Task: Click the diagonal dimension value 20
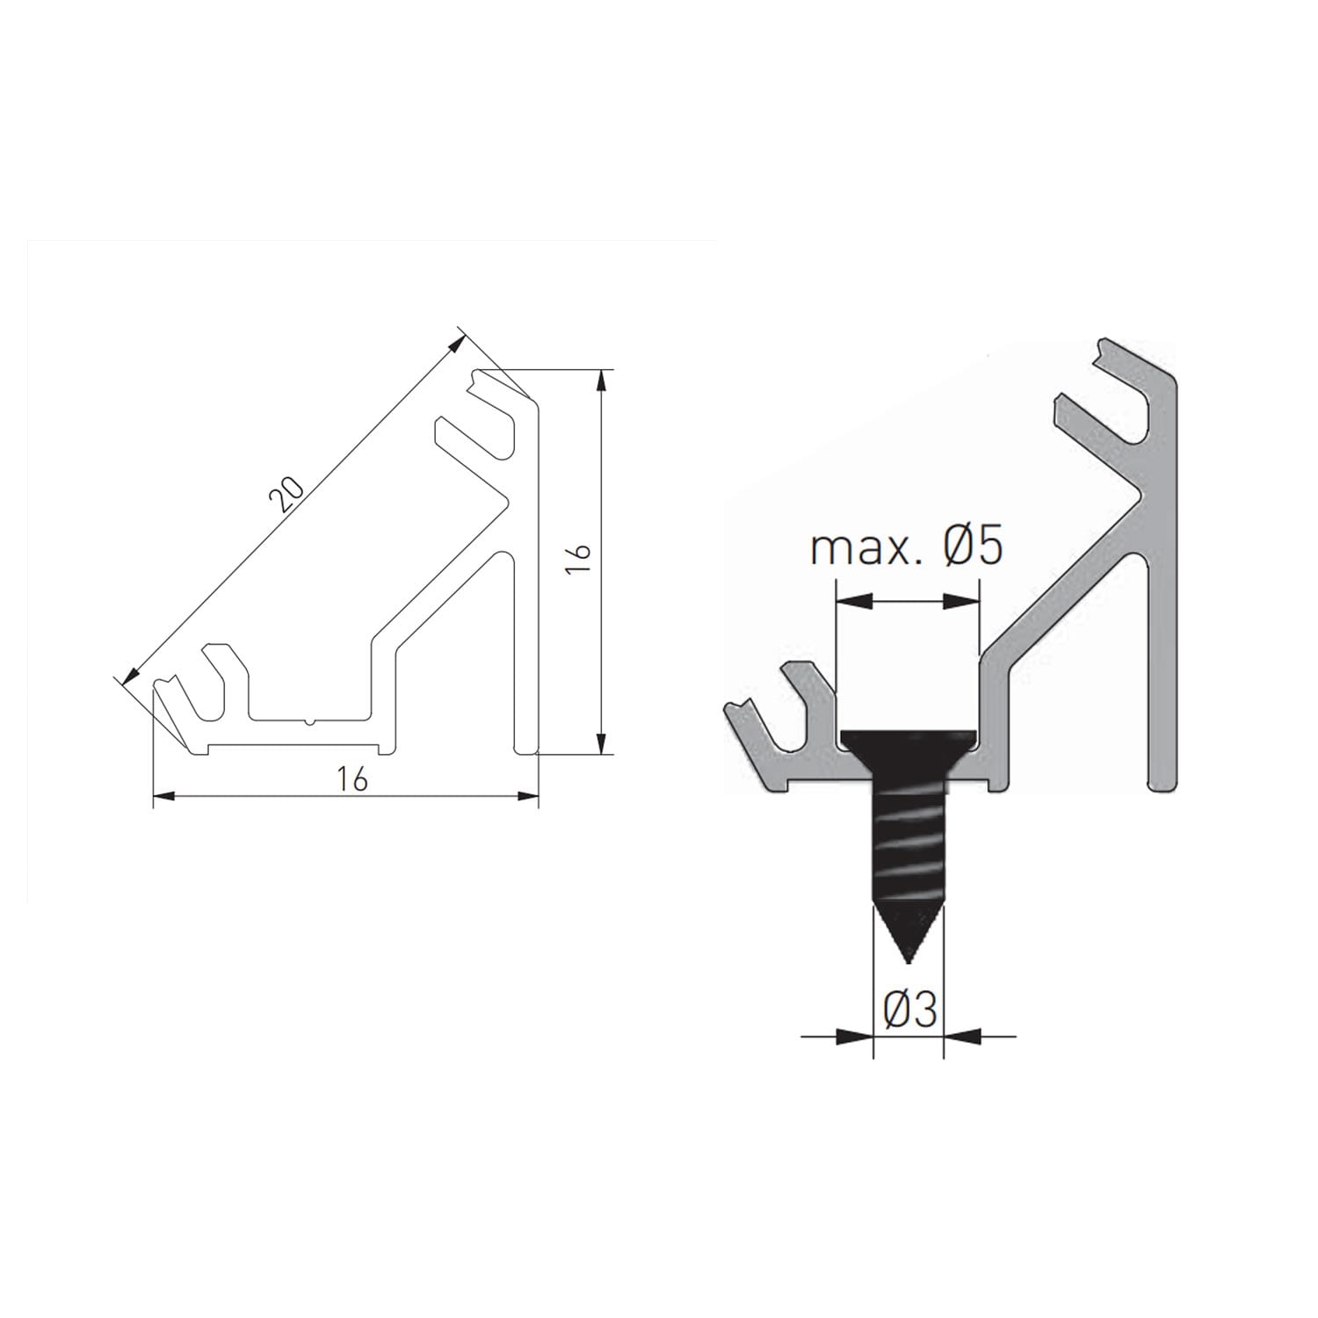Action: coord(286,495)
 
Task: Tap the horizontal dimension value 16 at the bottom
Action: coord(351,779)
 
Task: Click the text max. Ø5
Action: coord(906,548)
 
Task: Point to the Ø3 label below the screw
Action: coord(909,1013)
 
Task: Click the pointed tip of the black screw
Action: coord(909,963)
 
